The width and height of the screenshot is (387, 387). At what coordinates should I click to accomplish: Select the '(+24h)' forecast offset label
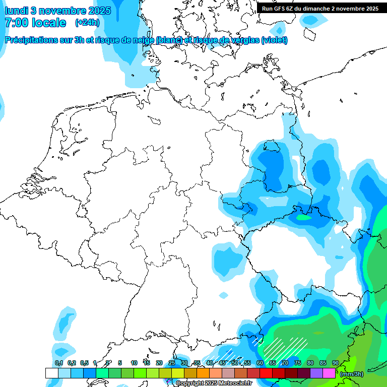(87, 23)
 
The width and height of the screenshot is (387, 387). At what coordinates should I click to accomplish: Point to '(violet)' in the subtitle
(275, 40)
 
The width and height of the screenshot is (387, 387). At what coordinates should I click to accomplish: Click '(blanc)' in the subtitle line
(169, 40)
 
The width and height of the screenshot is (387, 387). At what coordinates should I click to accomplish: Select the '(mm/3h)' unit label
(351, 373)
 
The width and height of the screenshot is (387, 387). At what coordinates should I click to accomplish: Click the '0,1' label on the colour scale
(59, 363)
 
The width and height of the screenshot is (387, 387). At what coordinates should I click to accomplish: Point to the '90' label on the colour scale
(335, 363)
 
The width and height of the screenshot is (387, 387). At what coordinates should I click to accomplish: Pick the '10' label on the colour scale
(134, 363)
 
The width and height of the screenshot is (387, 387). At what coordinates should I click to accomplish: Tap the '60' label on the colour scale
(260, 363)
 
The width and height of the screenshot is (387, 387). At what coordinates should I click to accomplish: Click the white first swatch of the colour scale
(51, 373)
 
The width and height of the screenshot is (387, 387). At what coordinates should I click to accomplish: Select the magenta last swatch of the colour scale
(329, 373)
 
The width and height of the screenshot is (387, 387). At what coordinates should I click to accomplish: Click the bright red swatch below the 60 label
(266, 373)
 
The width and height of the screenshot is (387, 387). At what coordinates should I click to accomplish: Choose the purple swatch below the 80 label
(316, 373)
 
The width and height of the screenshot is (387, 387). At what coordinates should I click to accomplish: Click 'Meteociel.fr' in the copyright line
(235, 383)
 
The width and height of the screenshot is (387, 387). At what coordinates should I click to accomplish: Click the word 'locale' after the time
(49, 23)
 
